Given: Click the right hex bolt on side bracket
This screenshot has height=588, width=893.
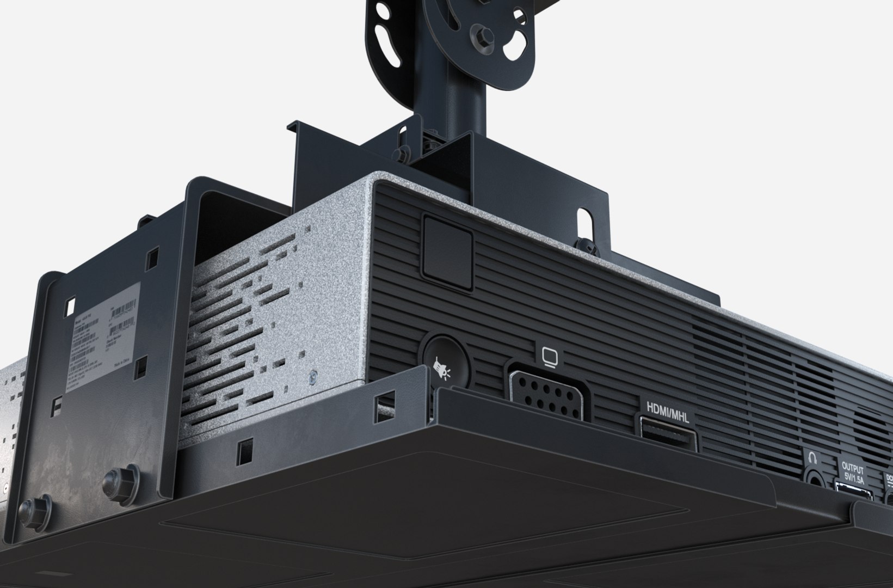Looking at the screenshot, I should point(115,479).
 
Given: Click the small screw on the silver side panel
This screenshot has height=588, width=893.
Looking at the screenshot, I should point(312,376).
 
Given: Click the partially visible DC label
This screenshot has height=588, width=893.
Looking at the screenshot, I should point(889,479).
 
